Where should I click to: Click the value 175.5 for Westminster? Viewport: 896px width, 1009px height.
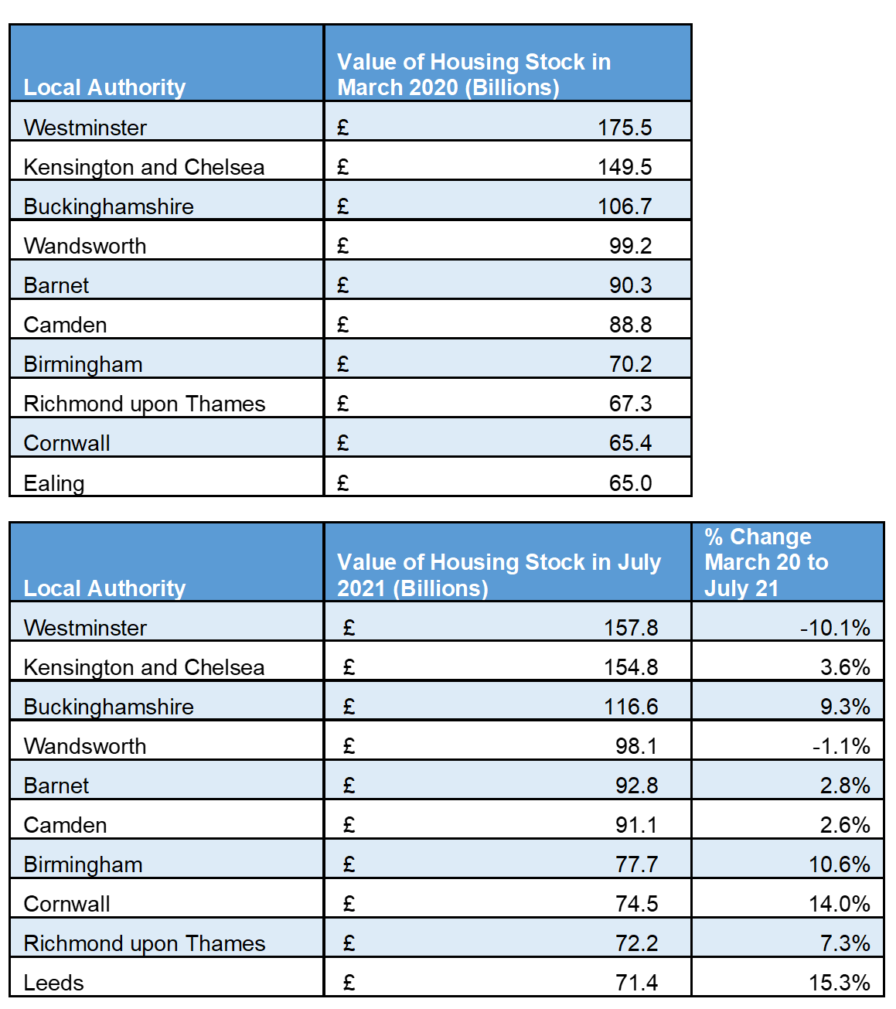624,128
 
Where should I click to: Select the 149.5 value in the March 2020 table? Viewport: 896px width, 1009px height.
624,167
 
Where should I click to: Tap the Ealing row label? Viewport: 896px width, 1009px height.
54,483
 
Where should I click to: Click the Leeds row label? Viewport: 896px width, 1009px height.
54,983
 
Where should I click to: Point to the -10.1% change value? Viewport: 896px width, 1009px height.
835,628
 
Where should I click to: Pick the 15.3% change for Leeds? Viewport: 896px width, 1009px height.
840,983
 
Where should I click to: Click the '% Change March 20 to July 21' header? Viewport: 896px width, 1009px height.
765,562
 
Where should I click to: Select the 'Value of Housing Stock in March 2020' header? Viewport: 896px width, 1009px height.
474,74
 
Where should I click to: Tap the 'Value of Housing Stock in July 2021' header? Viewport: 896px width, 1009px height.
499,574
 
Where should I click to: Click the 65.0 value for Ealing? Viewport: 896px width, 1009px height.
630,483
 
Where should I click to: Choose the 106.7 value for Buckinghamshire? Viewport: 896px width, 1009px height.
624,206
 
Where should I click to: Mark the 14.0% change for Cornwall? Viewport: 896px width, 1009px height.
840,904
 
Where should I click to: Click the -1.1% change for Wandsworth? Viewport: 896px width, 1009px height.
841,746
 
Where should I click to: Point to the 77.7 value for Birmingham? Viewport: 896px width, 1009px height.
636,864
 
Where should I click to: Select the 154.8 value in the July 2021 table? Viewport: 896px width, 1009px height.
630,667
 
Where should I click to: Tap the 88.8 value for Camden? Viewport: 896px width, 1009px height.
630,325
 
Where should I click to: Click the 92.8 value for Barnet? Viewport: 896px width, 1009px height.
636,786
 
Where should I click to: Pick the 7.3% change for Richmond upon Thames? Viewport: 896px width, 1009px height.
845,943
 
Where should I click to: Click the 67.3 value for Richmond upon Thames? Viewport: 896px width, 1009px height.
630,404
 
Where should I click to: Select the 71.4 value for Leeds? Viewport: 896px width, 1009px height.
636,983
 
